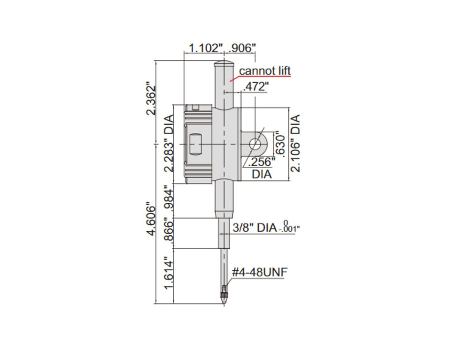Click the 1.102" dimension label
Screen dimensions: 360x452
206,48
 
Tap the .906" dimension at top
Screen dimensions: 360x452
243,48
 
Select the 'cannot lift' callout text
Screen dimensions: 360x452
265,71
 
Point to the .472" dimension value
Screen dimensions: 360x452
255,87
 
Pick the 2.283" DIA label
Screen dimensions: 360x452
167,146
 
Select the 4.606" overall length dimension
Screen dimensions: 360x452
151,220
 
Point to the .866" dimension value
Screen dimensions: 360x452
167,233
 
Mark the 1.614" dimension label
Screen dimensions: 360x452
167,275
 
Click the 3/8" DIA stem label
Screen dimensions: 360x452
255,229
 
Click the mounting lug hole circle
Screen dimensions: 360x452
255,143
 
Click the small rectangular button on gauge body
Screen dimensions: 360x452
195,143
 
